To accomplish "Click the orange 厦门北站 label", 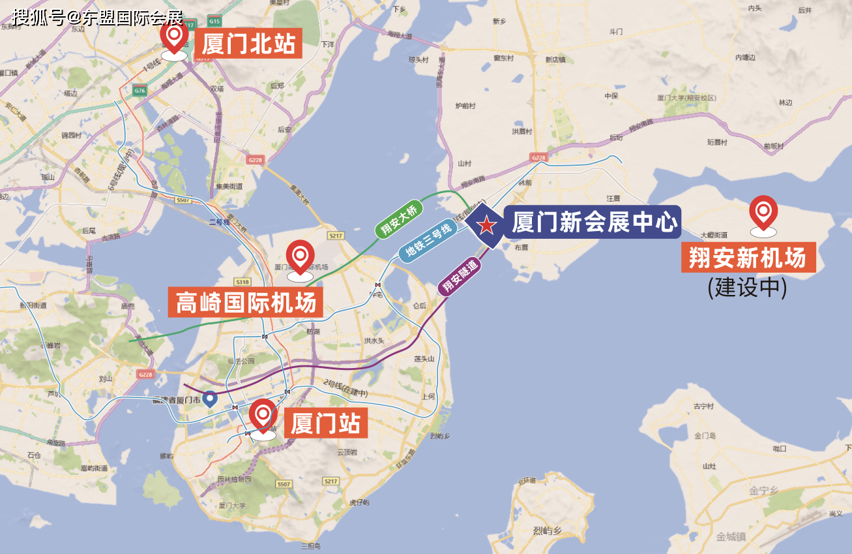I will (x=248, y=44).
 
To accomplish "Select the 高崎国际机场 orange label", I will (x=246, y=303).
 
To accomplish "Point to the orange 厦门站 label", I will (x=325, y=423).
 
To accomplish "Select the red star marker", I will (x=486, y=226).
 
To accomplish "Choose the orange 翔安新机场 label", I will (x=748, y=258).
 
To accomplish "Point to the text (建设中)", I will (x=747, y=287).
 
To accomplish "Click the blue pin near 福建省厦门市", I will (x=209, y=398).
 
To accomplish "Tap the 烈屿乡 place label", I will (x=546, y=531).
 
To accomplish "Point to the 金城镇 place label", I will (x=730, y=536).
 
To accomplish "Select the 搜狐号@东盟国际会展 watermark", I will (x=98, y=16).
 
